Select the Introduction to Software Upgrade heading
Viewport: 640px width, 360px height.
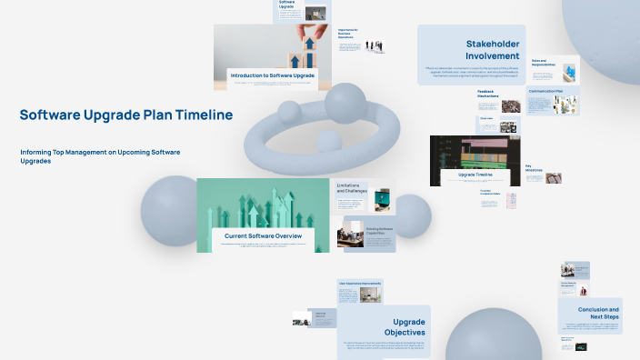coord(272,75)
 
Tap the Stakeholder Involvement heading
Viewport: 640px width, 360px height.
coord(492,49)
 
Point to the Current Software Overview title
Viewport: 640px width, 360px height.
coord(263,235)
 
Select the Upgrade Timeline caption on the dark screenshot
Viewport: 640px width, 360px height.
coord(475,174)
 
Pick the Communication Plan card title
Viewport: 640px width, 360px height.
coord(545,92)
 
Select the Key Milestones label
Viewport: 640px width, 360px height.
coord(533,168)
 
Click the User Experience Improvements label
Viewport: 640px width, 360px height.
coord(359,283)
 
